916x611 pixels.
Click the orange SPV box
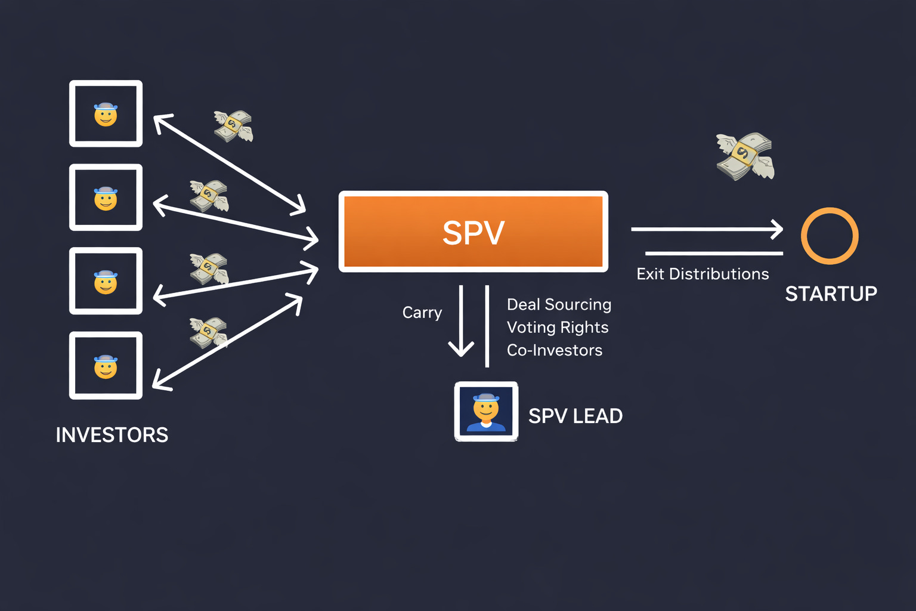coord(473,232)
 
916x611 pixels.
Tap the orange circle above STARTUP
coord(829,236)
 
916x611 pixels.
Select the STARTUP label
coord(831,294)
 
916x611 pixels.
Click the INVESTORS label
coord(112,435)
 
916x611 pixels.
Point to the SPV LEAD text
coord(575,416)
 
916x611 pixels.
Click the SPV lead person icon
coord(486,412)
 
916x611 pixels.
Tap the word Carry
coord(422,313)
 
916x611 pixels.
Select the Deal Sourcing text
coord(559,304)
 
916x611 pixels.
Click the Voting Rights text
coord(557,328)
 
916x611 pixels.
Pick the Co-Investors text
coord(554,350)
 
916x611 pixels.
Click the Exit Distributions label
coord(703,274)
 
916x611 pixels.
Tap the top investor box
coord(106,113)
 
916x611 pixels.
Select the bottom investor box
coord(106,365)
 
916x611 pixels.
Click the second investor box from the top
coord(106,198)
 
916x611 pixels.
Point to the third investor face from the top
coord(106,282)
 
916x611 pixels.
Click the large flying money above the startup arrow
coord(745,156)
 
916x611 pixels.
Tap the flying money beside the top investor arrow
coord(233,126)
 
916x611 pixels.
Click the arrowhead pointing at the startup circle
coord(777,229)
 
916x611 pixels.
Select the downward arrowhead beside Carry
coord(461,348)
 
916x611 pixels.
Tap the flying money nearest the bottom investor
coord(208,332)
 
